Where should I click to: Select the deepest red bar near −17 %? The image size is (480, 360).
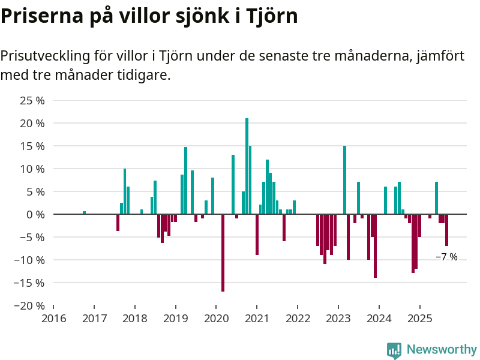(223, 253)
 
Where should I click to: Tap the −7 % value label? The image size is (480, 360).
(446, 257)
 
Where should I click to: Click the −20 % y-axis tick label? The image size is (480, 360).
(29, 305)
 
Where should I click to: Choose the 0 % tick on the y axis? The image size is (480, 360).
(35, 214)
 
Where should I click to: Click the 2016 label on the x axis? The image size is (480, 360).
(53, 318)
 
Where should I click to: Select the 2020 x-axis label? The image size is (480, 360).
(216, 318)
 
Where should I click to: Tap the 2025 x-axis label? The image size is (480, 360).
(420, 318)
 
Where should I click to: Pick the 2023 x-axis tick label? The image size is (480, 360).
(338, 318)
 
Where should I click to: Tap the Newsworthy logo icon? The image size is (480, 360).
(394, 350)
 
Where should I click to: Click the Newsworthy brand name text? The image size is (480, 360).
(442, 349)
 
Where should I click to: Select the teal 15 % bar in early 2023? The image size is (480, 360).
(345, 180)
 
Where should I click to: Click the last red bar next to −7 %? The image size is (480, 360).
(446, 230)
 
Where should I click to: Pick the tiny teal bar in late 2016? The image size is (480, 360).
(84, 212)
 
